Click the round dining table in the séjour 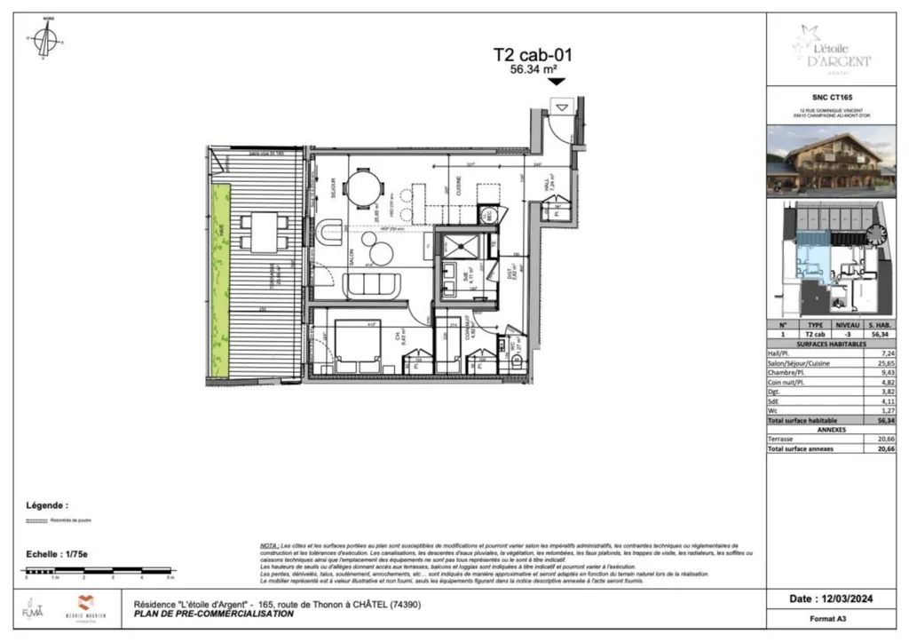[x=365, y=187]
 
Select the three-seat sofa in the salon [x=372, y=285]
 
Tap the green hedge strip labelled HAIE [x=217, y=280]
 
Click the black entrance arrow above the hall [x=557, y=82]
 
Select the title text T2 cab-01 [x=533, y=55]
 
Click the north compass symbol [x=47, y=40]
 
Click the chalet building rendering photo [x=833, y=161]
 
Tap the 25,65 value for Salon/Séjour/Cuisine [x=879, y=363]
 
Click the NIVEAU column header [x=847, y=325]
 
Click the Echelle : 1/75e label [x=55, y=552]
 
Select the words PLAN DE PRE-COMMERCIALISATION [x=213, y=614]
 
